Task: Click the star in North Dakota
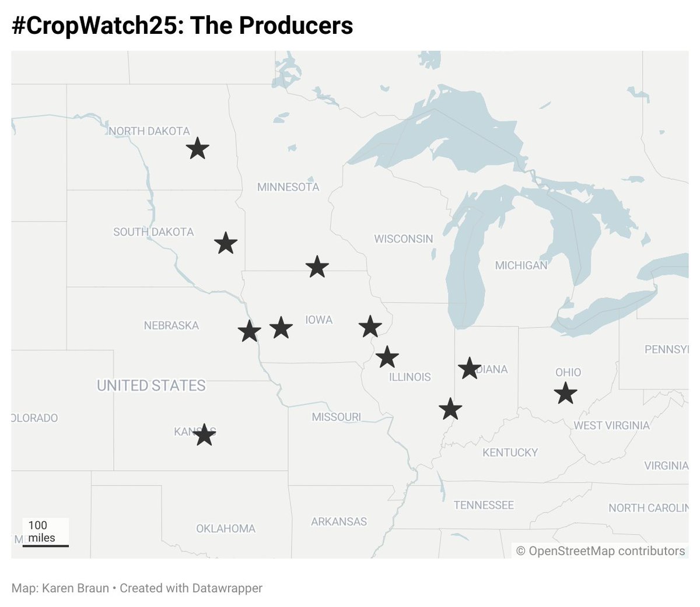tap(198, 149)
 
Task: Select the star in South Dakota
tap(226, 243)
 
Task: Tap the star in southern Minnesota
tap(317, 266)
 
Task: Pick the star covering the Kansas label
tap(204, 434)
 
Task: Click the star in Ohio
tap(565, 394)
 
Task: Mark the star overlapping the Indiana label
tap(469, 368)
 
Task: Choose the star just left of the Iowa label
tap(281, 328)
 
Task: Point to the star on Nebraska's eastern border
tap(250, 331)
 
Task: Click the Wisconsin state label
tap(404, 238)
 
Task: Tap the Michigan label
tap(521, 265)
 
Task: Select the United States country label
tap(151, 385)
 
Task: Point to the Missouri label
tap(336, 417)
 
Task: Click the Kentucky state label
tap(510, 452)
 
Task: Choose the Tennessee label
tap(484, 505)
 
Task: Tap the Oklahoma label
tap(226, 528)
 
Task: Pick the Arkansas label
tap(339, 521)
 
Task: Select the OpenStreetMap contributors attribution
tap(600, 551)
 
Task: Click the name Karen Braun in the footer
tap(75, 588)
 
